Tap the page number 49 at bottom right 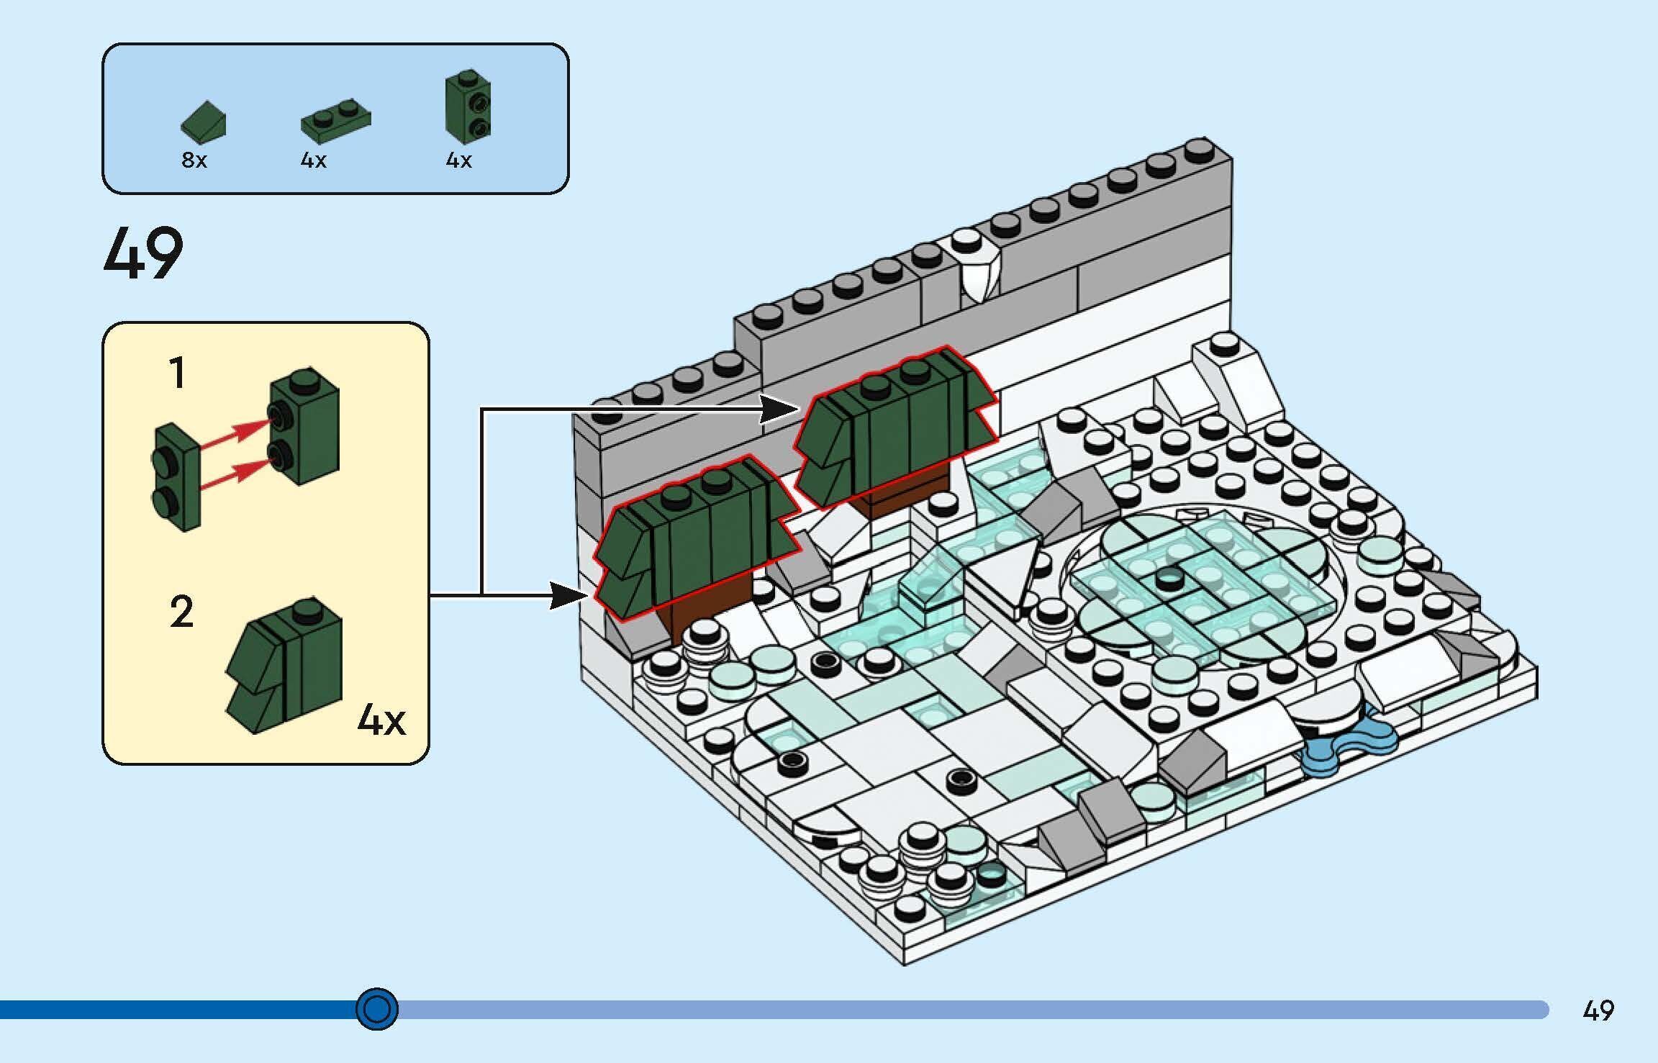1598,1010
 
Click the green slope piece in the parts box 203,120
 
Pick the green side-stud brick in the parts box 468,107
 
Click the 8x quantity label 194,160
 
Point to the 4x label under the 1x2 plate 313,160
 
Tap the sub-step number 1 177,374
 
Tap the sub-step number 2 181,612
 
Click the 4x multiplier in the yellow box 381,719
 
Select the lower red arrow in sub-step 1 234,474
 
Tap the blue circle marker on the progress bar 377,1009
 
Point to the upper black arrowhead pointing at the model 781,410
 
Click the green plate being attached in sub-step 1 176,476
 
